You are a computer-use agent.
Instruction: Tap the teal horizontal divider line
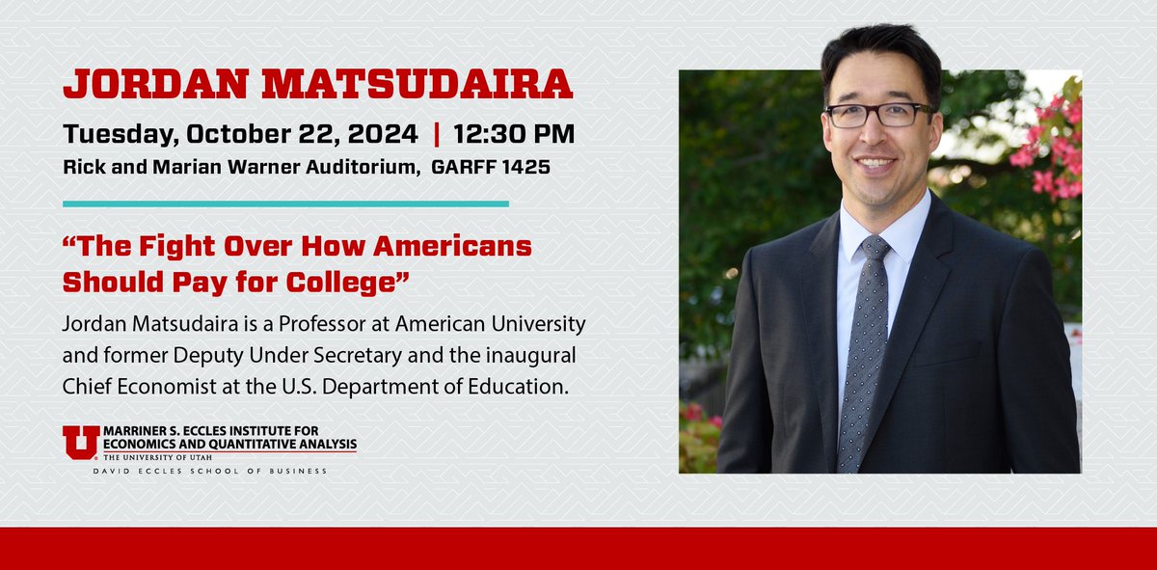[x=285, y=204]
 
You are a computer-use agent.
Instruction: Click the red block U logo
[x=80, y=443]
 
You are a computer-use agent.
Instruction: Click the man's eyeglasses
[x=877, y=115]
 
